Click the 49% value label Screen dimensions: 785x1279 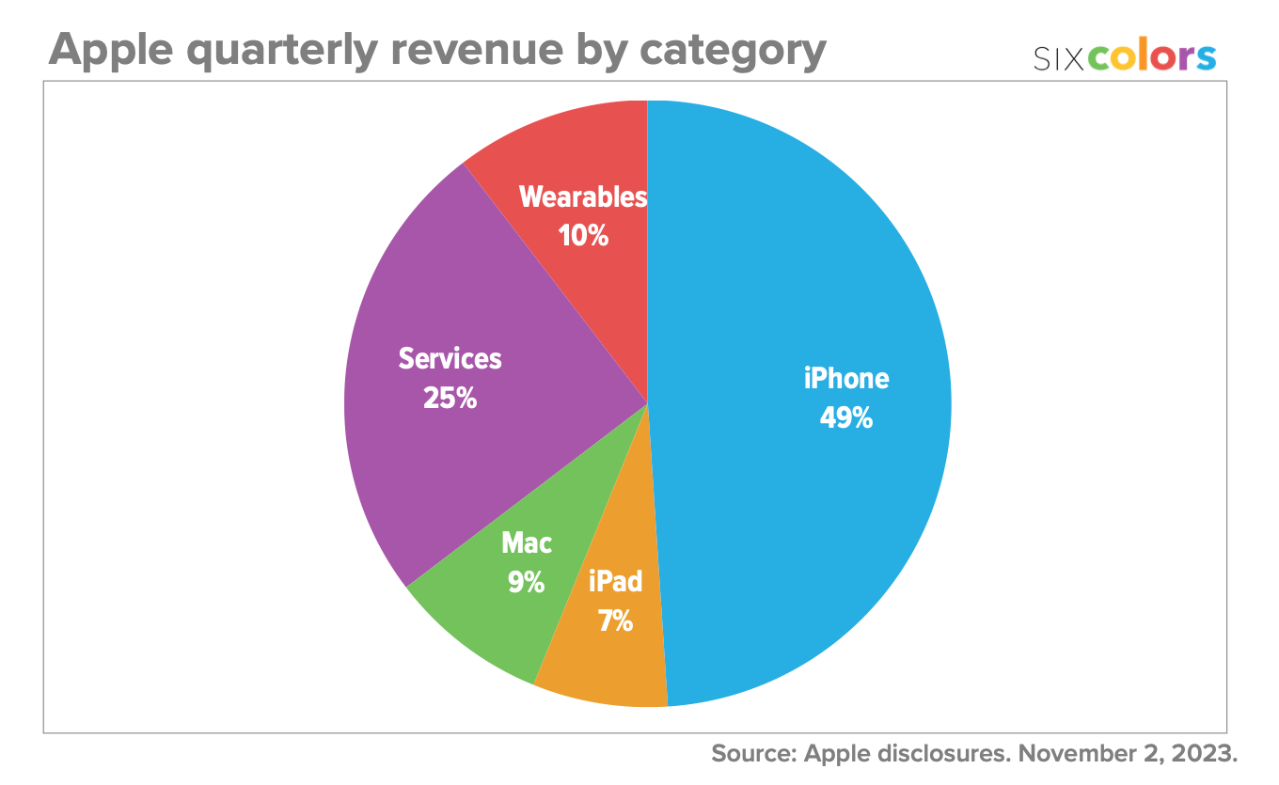click(845, 417)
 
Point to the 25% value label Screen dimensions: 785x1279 click(450, 398)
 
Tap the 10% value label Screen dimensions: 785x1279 click(583, 235)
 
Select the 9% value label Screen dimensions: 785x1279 click(527, 583)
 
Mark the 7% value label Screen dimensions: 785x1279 click(615, 620)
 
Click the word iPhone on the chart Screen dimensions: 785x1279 click(846, 379)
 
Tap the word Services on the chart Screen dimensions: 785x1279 click(450, 358)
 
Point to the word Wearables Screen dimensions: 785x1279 click(583, 197)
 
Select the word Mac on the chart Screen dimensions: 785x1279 click(527, 543)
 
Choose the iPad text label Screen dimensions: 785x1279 click(615, 582)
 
